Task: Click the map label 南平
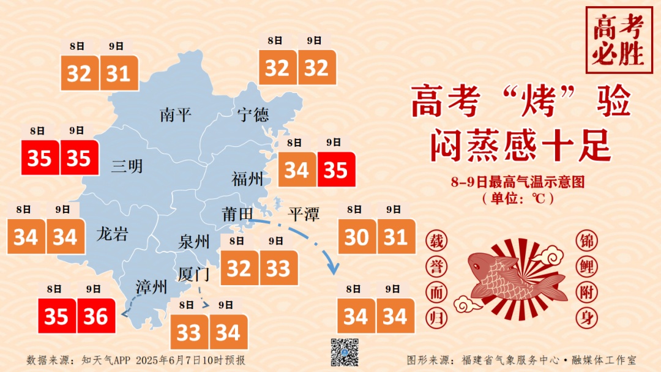pyautogui.click(x=176, y=114)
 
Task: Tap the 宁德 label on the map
pyautogui.click(x=253, y=114)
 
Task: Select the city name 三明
pyautogui.click(x=127, y=166)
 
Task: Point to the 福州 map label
pyautogui.click(x=248, y=179)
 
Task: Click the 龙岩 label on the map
pyautogui.click(x=112, y=234)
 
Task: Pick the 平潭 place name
pyautogui.click(x=304, y=214)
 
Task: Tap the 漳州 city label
pyautogui.click(x=151, y=286)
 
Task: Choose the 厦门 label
pyautogui.click(x=194, y=273)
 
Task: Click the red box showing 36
pyautogui.click(x=96, y=316)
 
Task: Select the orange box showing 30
pyautogui.click(x=357, y=237)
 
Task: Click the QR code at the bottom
pyautogui.click(x=345, y=352)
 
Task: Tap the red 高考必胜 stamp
pyautogui.click(x=618, y=40)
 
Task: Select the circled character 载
pyautogui.click(x=437, y=241)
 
